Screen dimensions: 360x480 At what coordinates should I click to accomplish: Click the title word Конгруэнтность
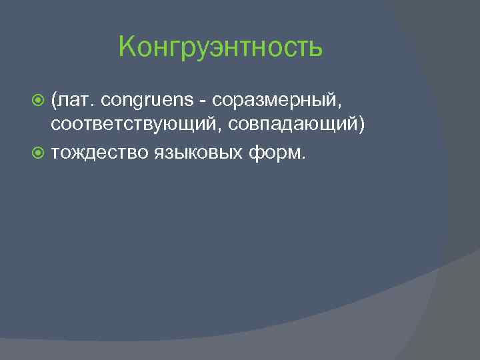(220, 47)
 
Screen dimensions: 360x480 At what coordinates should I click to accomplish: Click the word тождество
(101, 153)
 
